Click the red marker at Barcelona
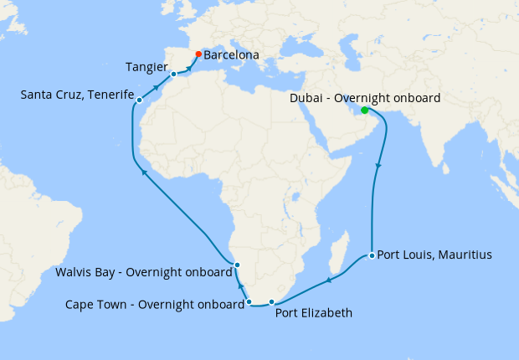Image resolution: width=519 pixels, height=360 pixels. tap(198, 55)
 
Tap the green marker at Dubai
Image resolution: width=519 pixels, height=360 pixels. tap(364, 111)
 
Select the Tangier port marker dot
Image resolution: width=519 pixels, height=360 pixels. tap(173, 75)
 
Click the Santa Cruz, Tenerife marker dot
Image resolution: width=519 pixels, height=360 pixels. tap(139, 100)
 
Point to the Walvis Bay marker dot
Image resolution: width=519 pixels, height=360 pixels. tap(237, 265)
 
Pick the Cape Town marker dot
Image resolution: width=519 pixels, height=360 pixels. tap(249, 301)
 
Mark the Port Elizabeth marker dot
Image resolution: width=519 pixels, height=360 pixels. tap(271, 301)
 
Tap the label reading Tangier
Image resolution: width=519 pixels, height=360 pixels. tap(148, 66)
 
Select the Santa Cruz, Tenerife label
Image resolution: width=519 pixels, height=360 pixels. tap(77, 95)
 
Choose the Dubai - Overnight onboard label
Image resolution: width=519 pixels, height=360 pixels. tap(365, 99)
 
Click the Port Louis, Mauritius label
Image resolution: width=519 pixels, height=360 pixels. tap(434, 255)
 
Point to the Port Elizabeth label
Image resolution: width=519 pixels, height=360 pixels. tap(314, 313)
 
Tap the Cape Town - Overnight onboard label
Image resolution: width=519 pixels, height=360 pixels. tap(154, 304)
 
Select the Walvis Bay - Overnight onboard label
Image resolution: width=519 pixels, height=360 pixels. tap(142, 272)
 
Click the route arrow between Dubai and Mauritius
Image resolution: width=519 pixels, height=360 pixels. tap(378, 166)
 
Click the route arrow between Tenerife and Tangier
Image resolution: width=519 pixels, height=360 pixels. tap(157, 87)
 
